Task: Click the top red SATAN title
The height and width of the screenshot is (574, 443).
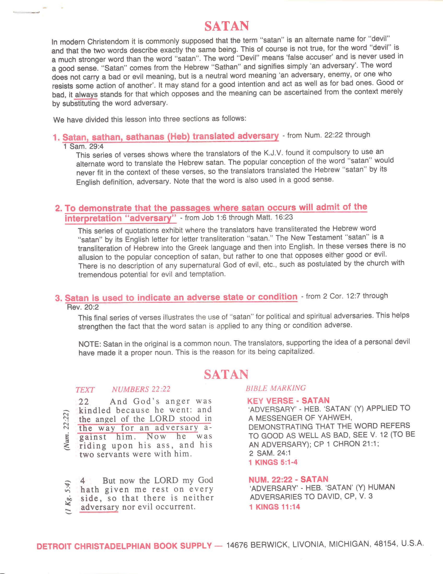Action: coord(227,26)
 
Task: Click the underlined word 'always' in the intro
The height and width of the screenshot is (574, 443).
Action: coord(86,95)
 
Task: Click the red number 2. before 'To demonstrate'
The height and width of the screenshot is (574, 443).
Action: coord(58,208)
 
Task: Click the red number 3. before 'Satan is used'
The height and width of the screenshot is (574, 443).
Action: coord(58,298)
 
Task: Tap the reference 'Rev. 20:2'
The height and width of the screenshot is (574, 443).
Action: coord(82,307)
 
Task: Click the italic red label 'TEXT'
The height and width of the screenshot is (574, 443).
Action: coord(85,390)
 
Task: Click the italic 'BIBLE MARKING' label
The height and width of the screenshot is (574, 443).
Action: coord(276,388)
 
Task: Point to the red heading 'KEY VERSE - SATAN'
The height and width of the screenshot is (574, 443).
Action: coord(288,401)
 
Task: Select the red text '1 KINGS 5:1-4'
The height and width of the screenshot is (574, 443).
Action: coord(273,462)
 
